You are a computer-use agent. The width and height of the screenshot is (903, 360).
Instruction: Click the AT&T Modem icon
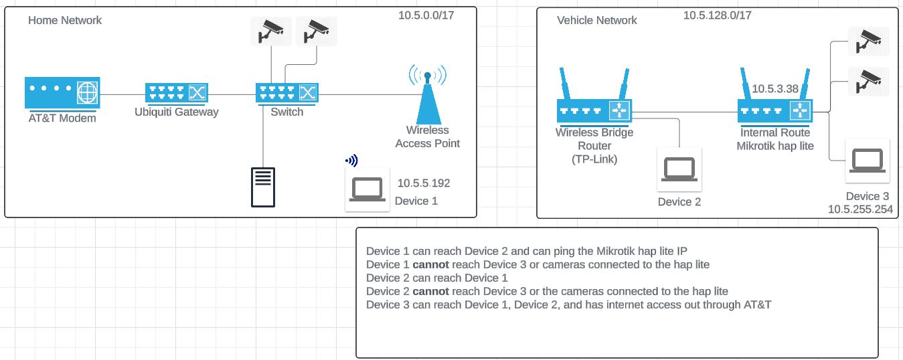coord(62,93)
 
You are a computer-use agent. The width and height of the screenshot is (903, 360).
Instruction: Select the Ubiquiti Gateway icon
coord(177,93)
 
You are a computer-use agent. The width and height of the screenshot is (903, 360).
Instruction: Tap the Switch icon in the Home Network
coord(287,93)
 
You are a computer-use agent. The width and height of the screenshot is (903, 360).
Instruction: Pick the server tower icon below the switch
coord(263,187)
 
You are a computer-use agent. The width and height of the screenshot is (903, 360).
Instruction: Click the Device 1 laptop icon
coord(367,189)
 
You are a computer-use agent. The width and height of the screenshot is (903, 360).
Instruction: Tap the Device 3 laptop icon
coord(868,161)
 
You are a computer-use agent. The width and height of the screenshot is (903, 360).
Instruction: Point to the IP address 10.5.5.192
coord(424,183)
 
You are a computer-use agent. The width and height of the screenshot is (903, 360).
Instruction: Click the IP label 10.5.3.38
coord(775,88)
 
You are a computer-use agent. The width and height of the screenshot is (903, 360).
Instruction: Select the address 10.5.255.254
coord(860,209)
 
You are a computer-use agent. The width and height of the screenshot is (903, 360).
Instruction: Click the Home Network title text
coord(65,20)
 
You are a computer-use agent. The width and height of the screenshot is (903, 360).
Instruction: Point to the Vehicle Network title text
coord(597,20)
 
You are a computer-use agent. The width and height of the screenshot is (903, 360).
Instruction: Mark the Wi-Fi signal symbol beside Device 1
coord(351,161)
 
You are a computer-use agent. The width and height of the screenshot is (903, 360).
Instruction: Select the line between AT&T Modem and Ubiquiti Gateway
coord(122,94)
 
